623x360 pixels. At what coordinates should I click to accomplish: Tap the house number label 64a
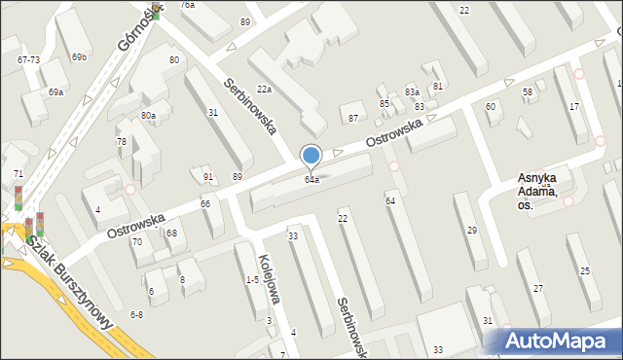(311, 180)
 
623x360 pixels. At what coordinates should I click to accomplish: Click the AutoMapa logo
(560, 340)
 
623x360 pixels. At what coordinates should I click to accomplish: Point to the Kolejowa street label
(270, 279)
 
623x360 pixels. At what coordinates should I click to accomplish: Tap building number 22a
(264, 90)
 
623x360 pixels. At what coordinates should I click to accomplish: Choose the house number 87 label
(353, 118)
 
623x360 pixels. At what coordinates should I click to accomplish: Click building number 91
(208, 177)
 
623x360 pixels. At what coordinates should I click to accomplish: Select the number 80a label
(148, 116)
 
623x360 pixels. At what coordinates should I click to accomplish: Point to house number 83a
(412, 92)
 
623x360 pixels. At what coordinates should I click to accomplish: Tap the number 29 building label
(472, 230)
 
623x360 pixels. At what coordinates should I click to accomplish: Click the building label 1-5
(252, 280)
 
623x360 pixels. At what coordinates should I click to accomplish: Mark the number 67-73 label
(28, 60)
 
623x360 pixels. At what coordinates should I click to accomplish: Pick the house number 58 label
(528, 92)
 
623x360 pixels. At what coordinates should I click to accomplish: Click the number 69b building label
(78, 57)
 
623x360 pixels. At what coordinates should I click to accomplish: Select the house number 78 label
(122, 142)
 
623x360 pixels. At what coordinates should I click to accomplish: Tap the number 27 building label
(538, 289)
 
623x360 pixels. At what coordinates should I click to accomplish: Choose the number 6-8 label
(136, 314)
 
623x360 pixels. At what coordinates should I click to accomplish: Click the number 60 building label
(490, 107)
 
